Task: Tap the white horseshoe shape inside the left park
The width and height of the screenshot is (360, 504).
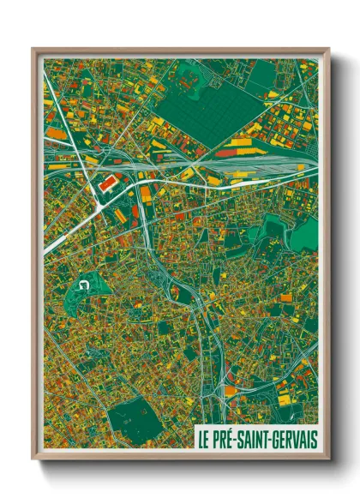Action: coord(83,284)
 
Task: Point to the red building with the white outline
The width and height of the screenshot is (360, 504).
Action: coord(110,183)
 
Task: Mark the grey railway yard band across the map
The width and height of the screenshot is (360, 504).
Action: coord(223,165)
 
